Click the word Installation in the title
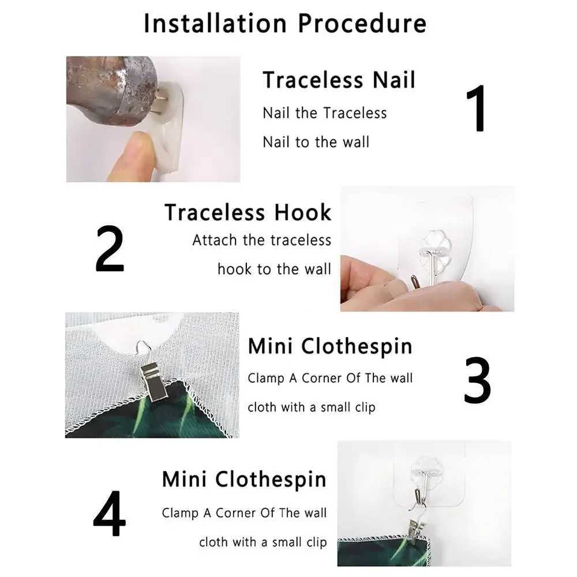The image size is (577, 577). point(215,23)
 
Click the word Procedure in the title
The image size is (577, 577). point(362,23)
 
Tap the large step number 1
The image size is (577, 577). point(476,108)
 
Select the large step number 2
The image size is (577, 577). point(110,249)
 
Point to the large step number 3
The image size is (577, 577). point(477,380)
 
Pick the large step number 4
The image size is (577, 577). point(109,513)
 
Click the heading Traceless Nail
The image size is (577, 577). point(339,80)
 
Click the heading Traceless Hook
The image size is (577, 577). point(248,212)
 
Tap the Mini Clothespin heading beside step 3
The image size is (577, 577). point(330,347)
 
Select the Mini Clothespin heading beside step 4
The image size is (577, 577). point(244,480)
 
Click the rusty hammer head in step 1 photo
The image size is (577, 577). point(113,90)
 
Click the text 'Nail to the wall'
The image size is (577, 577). point(316,142)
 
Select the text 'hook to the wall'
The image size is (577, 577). point(274,269)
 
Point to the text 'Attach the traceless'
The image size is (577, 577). point(261,240)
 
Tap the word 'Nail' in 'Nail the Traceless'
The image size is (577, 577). point(276,113)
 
